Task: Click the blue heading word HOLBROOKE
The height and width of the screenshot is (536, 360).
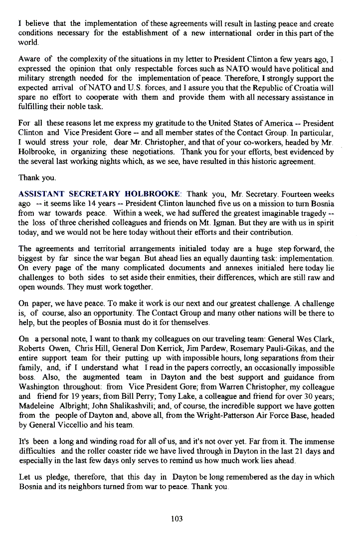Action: click(153, 194)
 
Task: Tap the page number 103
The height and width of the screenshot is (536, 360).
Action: click(177, 519)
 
